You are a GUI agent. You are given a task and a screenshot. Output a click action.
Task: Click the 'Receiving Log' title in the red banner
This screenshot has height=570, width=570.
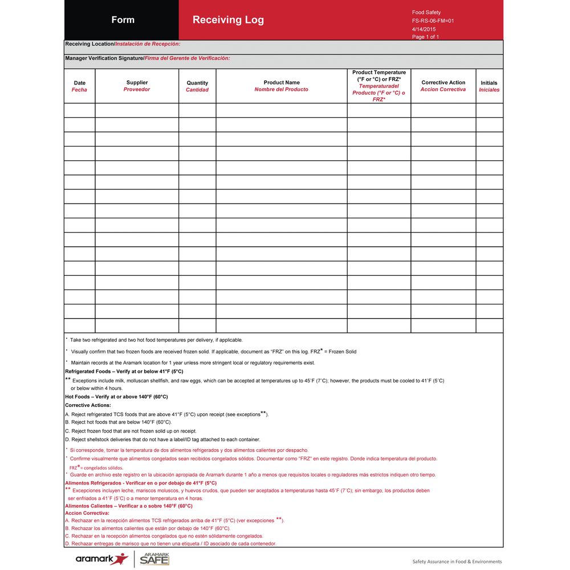tap(228, 20)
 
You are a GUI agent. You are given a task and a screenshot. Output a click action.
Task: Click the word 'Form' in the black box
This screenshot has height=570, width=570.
tap(123, 20)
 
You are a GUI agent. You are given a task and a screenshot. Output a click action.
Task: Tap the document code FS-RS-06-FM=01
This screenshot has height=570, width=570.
tap(433, 21)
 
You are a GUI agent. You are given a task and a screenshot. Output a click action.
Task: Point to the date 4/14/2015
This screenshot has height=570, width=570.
tap(424, 29)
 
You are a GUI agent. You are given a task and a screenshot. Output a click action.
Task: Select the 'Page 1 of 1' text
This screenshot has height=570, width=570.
tap(425, 37)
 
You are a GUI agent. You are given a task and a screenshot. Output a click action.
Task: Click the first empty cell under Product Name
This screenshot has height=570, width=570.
tap(282, 111)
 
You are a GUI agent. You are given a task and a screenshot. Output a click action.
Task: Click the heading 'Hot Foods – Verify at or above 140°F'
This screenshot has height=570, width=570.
tap(116, 397)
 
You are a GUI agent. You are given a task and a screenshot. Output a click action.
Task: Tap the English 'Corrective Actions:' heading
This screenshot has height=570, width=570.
tap(88, 405)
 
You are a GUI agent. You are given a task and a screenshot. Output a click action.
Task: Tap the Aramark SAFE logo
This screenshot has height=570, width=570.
tap(154, 559)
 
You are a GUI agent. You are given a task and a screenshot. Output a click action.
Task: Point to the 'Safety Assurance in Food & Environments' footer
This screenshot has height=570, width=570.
tap(457, 561)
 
